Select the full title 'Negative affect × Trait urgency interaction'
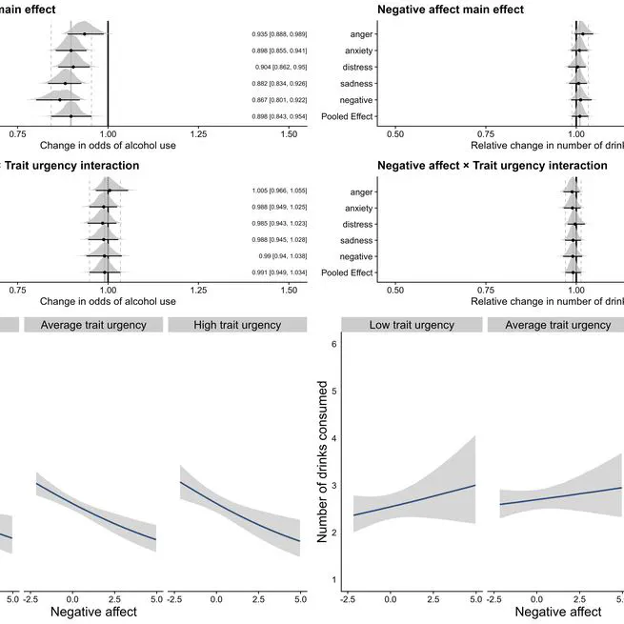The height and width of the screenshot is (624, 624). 492,165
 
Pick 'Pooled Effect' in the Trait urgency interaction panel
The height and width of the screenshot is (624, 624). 348,273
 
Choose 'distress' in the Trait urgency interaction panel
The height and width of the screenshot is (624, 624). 355,224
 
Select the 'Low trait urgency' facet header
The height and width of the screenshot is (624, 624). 411,325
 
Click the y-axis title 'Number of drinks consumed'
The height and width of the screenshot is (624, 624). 324,461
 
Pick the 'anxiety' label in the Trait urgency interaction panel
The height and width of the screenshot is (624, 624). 357,208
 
